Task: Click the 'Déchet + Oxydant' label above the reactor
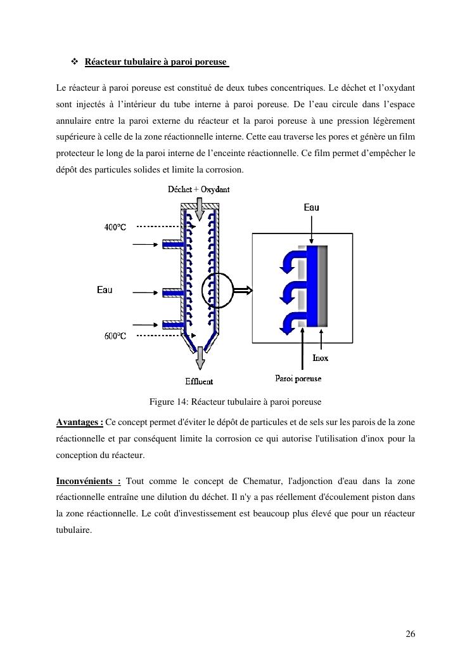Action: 198,190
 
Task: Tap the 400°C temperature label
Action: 115,227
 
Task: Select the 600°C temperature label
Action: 115,336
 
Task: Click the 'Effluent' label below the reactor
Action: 199,381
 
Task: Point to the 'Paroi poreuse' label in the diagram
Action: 298,379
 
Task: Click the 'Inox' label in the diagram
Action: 321,358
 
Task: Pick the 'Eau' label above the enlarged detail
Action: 311,207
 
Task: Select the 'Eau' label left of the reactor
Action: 105,290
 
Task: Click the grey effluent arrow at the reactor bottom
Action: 200,358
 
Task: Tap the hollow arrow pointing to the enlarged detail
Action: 241,291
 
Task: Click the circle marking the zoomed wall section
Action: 217,291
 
